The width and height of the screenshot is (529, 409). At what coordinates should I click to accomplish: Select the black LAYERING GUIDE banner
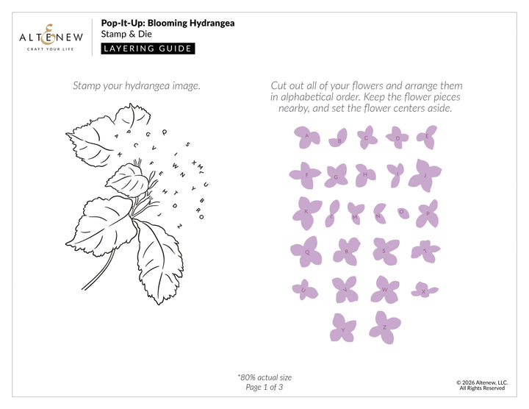click(x=148, y=49)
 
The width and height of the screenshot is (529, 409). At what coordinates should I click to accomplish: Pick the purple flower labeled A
click(x=303, y=135)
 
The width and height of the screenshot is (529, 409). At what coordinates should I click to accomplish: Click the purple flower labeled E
click(x=426, y=136)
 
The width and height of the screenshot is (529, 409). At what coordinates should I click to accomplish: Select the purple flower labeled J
click(x=422, y=175)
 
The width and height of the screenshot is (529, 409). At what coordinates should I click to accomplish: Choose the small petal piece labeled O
click(x=402, y=212)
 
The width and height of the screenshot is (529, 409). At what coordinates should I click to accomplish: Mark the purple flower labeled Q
click(x=308, y=251)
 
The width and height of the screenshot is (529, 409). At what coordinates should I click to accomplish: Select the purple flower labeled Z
click(x=384, y=326)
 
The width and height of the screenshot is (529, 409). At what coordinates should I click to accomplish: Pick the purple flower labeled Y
click(x=342, y=327)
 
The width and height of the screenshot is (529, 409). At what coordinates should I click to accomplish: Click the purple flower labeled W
click(x=384, y=289)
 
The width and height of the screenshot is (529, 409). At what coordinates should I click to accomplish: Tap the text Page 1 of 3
click(x=264, y=387)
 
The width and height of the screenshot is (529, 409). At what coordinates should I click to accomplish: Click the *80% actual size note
click(x=264, y=377)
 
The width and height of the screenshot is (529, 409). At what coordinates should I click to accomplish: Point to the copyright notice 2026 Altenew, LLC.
click(x=482, y=383)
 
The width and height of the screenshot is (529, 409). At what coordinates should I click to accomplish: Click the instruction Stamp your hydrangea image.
click(x=136, y=86)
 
